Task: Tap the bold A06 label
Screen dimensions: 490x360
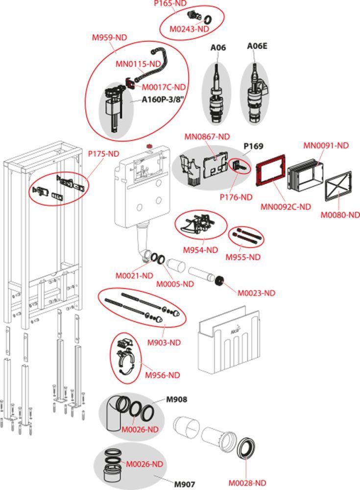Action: click(x=218, y=48)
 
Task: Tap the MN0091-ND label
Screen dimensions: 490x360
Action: click(x=326, y=145)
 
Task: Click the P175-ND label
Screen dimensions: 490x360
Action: click(x=104, y=154)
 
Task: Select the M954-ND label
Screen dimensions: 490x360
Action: click(x=200, y=250)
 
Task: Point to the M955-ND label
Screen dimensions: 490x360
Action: click(x=243, y=257)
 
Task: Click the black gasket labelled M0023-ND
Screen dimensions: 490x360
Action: click(x=220, y=281)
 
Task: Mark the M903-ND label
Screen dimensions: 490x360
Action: click(x=165, y=343)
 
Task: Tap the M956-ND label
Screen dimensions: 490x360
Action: click(x=163, y=375)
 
